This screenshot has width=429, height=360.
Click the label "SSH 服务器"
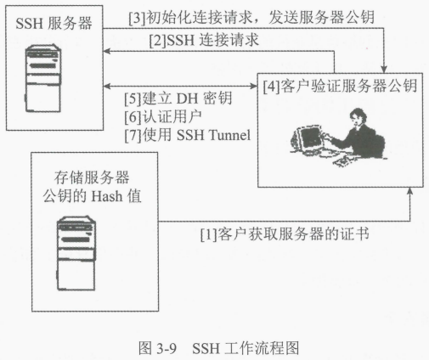click(x=54, y=23)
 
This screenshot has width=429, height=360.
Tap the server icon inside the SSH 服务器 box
click(x=43, y=78)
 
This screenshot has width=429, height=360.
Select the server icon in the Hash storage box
click(x=76, y=254)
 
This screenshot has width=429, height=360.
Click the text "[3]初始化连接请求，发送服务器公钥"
click(x=251, y=18)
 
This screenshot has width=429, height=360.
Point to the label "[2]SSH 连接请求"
click(x=204, y=40)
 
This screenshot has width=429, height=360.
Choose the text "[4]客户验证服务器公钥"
click(x=340, y=86)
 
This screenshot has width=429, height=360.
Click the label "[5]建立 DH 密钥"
click(x=178, y=98)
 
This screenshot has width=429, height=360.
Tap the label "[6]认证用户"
click(x=163, y=116)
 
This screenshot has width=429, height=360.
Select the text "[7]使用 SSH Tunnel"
click(x=188, y=135)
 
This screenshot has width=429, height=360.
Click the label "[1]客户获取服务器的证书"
click(x=285, y=234)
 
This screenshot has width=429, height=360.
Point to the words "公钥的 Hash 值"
click(x=92, y=196)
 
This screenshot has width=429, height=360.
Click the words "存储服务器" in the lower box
click(x=92, y=177)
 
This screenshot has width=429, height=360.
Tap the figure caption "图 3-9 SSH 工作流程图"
click(x=218, y=348)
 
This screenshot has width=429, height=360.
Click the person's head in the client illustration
click(x=358, y=116)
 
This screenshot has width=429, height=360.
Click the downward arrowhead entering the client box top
click(x=384, y=70)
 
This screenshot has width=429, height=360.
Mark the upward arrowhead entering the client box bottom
click(x=409, y=191)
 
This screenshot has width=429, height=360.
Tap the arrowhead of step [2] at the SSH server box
click(x=107, y=51)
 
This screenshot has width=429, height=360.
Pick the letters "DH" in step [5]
click(x=187, y=98)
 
